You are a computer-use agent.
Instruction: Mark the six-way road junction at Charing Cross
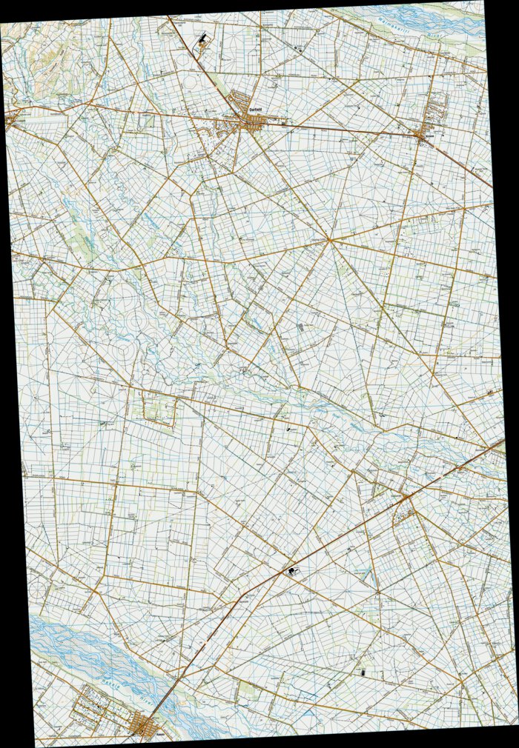(331, 241)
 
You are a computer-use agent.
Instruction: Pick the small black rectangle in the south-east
(363, 673)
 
